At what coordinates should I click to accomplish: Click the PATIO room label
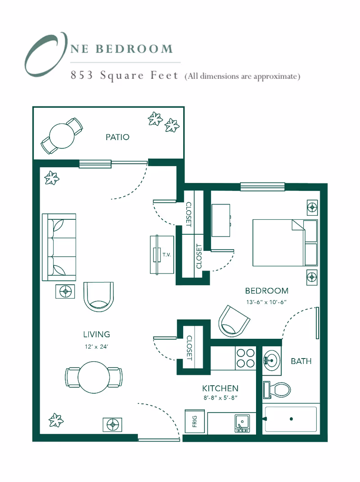pos(117,137)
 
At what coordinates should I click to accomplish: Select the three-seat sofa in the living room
pos(59,247)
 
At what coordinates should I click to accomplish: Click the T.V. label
pos(166,255)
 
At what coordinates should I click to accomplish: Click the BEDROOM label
pos(266,291)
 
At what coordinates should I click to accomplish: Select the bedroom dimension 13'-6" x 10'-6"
pos(266,302)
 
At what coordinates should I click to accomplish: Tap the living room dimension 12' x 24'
pos(96,346)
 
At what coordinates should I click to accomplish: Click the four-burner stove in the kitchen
pos(246,358)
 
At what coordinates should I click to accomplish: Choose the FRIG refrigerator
pos(195,421)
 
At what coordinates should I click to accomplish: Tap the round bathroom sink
pos(271,360)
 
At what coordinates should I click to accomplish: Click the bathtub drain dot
pos(292,419)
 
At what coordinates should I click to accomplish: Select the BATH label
pos(301,361)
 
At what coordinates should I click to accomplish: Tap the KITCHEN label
pos(220,388)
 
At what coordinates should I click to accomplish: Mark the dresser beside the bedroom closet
pos(221,220)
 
